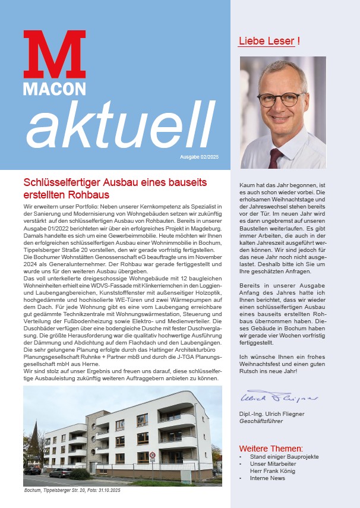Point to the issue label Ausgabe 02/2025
click(x=200, y=157)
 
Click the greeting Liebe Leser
click(x=266, y=41)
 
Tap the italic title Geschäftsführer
click(x=261, y=421)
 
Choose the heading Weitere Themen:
click(x=271, y=448)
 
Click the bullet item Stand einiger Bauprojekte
click(x=276, y=456)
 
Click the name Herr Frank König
click(x=272, y=471)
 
